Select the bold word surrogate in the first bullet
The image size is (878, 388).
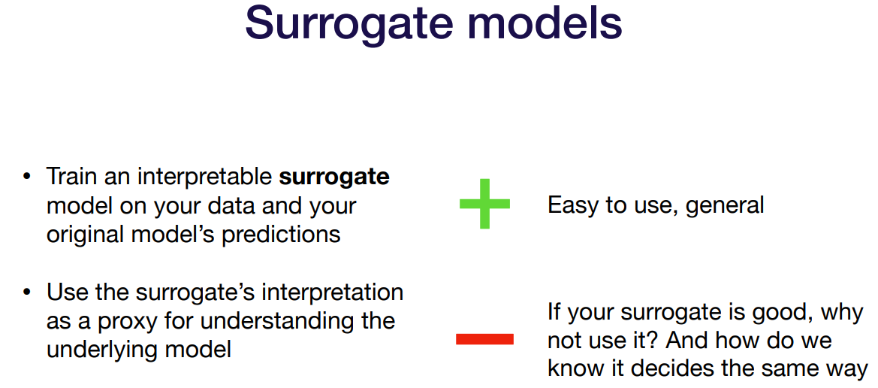334,178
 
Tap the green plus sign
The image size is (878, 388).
484,204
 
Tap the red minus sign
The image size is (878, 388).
484,339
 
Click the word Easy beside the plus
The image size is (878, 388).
573,206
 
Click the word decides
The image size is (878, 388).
674,369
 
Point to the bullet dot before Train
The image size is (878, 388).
26,177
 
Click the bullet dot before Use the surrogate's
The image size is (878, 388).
26,293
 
